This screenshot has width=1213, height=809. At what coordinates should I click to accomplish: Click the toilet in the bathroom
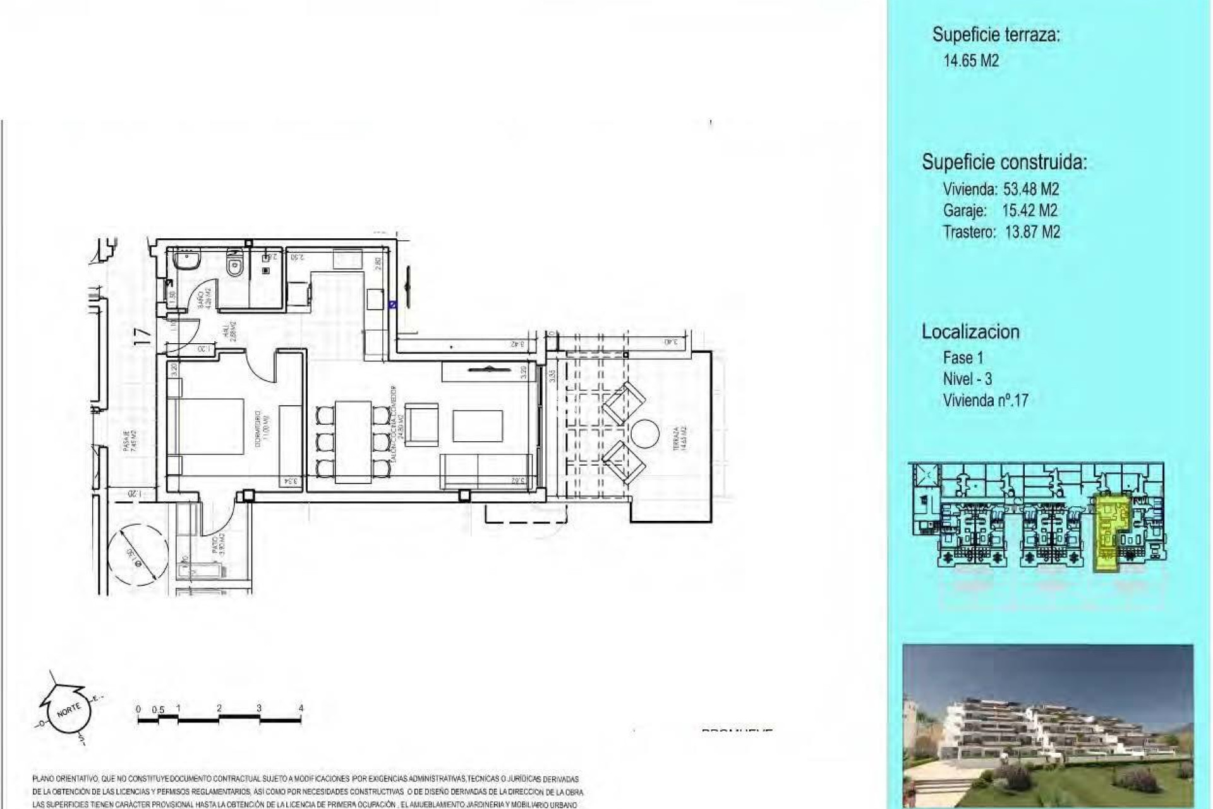click(235, 262)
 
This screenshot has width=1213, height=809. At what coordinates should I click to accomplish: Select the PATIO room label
click(215, 545)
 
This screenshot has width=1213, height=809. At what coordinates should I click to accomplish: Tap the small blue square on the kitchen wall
click(393, 305)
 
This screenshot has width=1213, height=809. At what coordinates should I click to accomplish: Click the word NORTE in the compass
click(68, 709)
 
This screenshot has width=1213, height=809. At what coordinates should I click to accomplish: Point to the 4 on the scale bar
click(301, 708)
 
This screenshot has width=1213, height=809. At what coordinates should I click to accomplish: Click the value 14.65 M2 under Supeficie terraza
click(971, 61)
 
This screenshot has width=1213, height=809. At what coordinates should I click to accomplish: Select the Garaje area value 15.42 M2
click(1030, 210)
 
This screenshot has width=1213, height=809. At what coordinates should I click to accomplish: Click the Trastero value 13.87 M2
click(1032, 232)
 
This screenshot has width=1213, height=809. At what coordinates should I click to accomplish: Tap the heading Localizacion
click(970, 332)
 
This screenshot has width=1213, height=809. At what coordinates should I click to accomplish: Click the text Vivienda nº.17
click(986, 400)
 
